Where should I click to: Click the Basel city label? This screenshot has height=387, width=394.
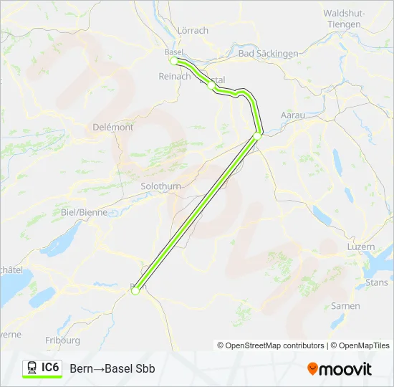click(x=174, y=52)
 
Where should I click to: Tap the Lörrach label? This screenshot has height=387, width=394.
click(x=193, y=30)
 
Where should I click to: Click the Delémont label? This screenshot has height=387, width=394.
click(x=113, y=127)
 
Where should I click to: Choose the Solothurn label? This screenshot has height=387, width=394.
click(x=161, y=186)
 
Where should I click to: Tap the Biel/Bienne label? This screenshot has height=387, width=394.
click(x=84, y=212)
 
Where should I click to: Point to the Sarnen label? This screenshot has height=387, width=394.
click(x=345, y=306)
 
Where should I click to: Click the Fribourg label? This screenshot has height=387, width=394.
click(x=62, y=340)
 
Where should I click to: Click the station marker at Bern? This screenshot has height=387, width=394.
click(x=135, y=290)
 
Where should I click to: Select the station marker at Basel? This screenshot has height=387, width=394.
click(x=173, y=61)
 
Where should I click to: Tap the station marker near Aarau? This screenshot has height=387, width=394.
click(x=257, y=135)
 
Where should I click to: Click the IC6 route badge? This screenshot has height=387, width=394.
click(x=42, y=368)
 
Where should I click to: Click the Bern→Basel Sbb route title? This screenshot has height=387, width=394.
click(x=112, y=368)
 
